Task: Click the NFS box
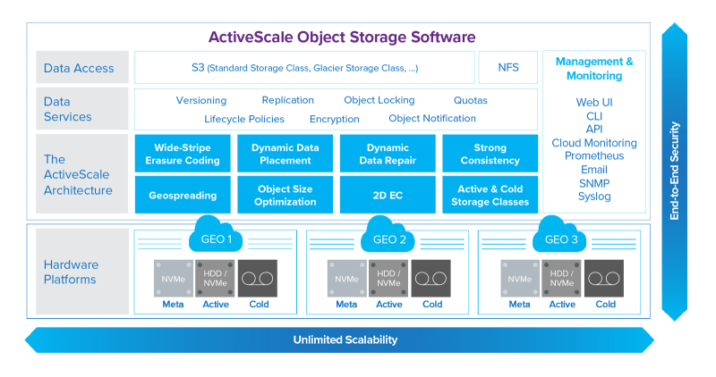click(x=507, y=67)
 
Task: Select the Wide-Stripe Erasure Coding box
click(x=182, y=154)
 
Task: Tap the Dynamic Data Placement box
click(x=285, y=154)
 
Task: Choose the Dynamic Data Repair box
click(x=388, y=154)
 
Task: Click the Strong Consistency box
click(x=490, y=154)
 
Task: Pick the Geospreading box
click(x=182, y=195)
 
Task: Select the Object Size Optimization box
click(x=285, y=195)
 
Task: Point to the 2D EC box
click(x=388, y=195)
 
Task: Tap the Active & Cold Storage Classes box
click(x=490, y=195)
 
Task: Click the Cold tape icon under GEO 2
click(x=432, y=278)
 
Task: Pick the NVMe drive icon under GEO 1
click(x=173, y=278)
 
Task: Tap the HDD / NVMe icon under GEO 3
click(x=562, y=278)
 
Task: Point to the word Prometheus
click(x=594, y=156)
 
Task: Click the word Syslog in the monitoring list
click(x=594, y=197)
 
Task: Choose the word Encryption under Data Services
click(x=335, y=119)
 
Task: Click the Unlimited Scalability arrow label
click(x=345, y=340)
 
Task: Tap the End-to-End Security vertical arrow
click(x=676, y=170)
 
